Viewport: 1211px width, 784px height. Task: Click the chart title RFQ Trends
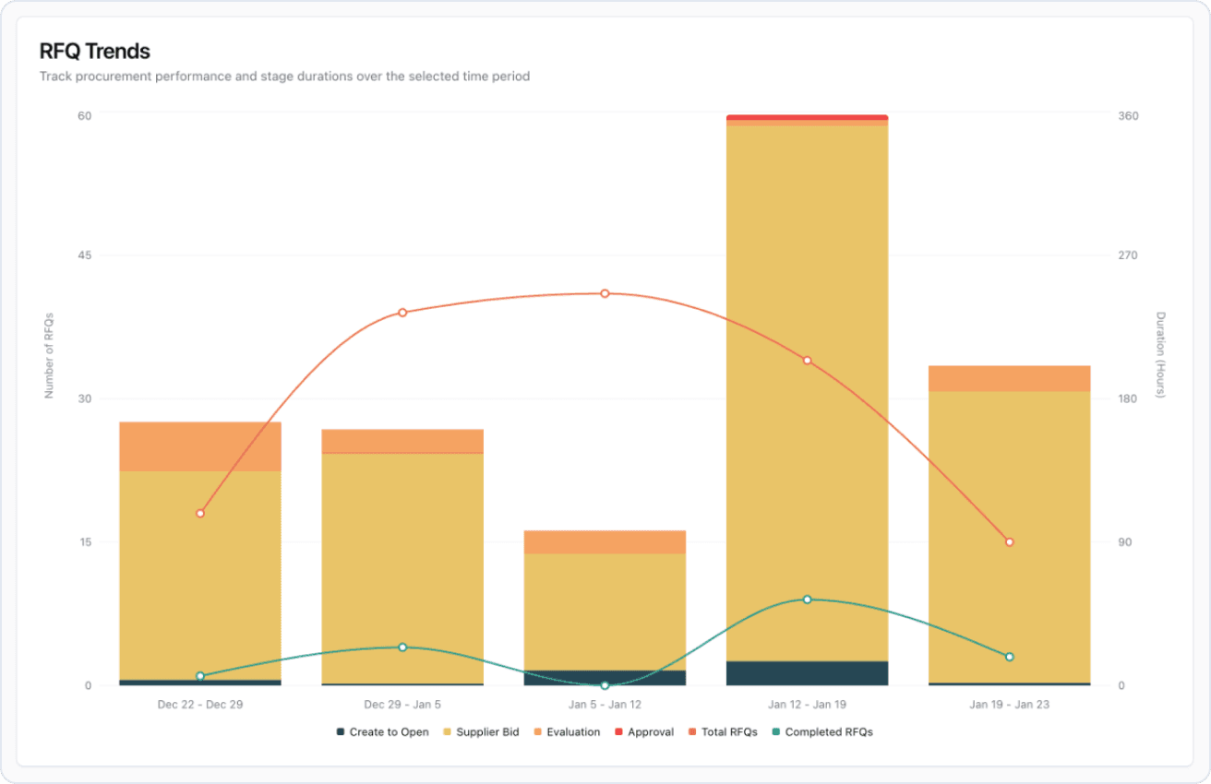(x=94, y=52)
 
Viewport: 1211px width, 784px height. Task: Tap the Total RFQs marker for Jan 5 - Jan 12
(x=605, y=293)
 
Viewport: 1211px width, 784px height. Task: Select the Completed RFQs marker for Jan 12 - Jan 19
(x=807, y=600)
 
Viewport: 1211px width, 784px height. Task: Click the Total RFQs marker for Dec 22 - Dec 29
(x=200, y=513)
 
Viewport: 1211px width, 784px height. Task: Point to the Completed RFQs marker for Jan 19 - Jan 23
(x=1009, y=657)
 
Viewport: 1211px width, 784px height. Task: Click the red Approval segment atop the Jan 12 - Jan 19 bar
(x=807, y=117)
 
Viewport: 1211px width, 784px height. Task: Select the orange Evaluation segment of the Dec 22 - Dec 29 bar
(x=200, y=446)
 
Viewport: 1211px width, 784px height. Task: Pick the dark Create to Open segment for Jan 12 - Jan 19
(x=807, y=673)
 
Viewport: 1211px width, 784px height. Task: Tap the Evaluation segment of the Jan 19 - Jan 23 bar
(x=1009, y=378)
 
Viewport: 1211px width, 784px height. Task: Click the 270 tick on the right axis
(x=1128, y=255)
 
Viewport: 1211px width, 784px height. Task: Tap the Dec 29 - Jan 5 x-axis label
(x=402, y=705)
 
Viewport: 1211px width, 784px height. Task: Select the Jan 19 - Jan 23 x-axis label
(x=1009, y=705)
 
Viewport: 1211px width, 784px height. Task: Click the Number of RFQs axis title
(x=50, y=355)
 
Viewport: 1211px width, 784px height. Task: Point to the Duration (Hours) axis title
(x=1161, y=355)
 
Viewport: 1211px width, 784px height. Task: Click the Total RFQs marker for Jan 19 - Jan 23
(x=1009, y=541)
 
